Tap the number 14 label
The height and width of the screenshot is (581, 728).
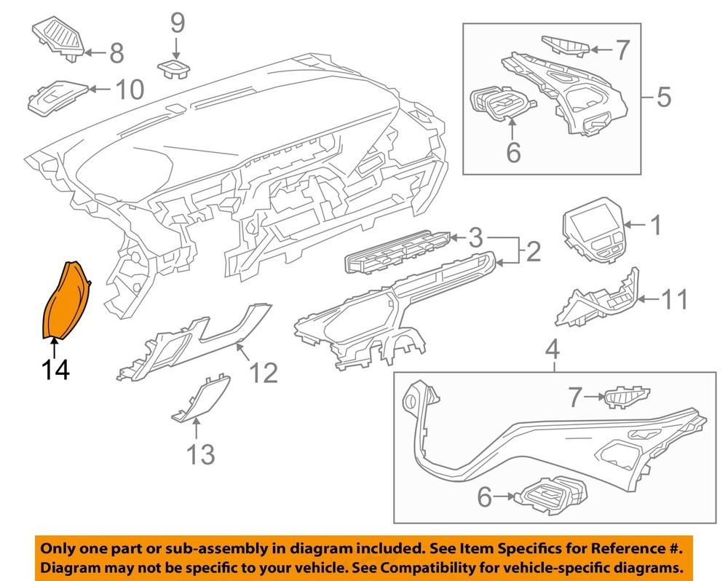tap(55, 370)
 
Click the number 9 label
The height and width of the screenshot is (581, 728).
tap(178, 24)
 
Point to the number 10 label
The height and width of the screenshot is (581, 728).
tap(129, 90)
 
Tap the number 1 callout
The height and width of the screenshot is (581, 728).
tap(656, 226)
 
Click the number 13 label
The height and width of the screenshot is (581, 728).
tap(200, 455)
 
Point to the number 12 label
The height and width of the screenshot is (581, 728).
tap(263, 373)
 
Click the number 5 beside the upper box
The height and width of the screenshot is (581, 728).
tap(663, 97)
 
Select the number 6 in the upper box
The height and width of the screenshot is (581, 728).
tap(513, 153)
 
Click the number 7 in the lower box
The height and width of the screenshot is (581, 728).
tap(575, 398)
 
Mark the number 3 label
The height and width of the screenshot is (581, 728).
tap(475, 237)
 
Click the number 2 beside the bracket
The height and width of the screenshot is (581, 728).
tap(533, 252)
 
